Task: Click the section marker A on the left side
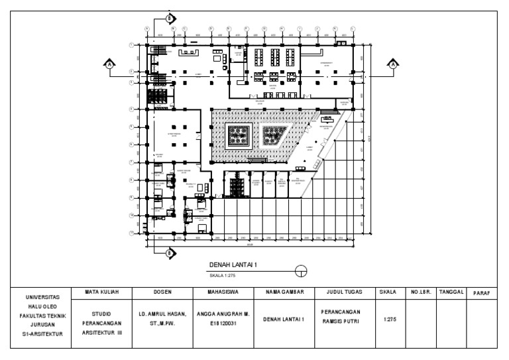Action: coord(110,64)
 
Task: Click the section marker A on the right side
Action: coord(394,64)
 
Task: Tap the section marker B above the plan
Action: coord(169,18)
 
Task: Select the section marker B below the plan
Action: coord(169,253)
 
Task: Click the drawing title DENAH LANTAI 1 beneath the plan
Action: coord(233,265)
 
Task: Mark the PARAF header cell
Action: coord(481,292)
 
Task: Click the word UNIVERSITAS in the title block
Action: coord(42,297)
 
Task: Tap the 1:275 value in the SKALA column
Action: coord(386,319)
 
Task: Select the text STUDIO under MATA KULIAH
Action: coord(101,313)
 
